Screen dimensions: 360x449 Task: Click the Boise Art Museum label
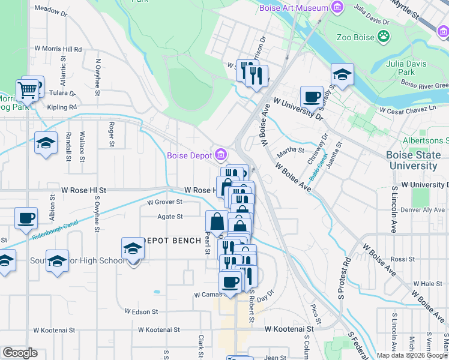point(294,8)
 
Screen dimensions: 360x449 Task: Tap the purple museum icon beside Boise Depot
point(220,155)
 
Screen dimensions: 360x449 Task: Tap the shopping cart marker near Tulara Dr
point(27,92)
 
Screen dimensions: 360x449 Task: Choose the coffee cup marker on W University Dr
point(312,97)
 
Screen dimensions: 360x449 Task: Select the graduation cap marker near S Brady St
point(342,74)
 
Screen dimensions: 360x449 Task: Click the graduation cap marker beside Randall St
point(46,143)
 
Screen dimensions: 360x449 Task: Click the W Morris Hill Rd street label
point(58,49)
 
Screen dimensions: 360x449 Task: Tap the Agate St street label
point(170,217)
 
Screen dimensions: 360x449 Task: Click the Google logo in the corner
point(20,353)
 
